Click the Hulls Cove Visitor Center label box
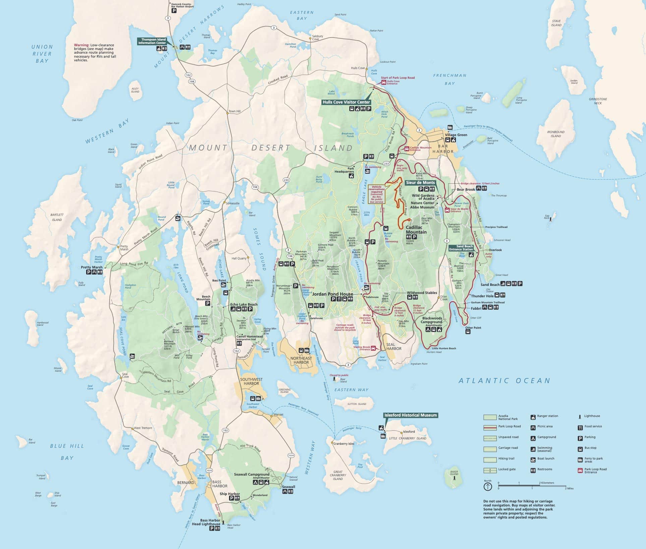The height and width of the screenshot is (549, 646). (346, 102)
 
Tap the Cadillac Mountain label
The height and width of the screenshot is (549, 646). (416, 230)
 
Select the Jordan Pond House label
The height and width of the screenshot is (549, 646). (332, 294)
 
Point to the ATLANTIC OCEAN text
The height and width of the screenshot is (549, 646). (504, 381)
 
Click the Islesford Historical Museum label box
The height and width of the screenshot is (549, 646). (410, 415)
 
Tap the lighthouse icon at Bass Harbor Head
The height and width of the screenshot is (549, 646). (223, 522)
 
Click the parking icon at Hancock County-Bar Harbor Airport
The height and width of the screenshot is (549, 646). (174, 11)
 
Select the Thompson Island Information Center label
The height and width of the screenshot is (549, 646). (152, 41)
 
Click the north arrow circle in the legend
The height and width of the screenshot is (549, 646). (488, 487)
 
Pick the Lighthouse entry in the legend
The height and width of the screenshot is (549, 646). (592, 416)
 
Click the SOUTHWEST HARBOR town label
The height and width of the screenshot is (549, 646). (251, 381)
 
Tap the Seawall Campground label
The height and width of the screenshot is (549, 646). (251, 475)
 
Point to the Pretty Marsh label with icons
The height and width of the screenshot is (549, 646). (92, 267)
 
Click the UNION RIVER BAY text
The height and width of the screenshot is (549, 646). (42, 54)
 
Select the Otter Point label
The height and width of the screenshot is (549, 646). (473, 327)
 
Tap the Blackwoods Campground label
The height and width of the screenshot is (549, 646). (432, 320)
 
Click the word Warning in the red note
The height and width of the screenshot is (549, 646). (81, 45)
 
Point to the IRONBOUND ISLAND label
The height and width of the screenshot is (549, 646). (555, 134)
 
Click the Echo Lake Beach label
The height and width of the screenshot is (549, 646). (244, 304)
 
